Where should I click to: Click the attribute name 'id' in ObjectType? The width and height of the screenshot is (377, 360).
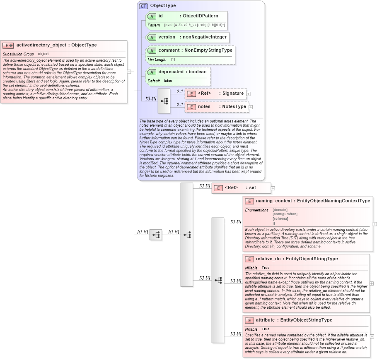click(161, 16)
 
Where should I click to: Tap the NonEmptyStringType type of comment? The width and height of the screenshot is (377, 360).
click(208, 50)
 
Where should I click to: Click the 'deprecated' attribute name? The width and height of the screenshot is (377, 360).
click(171, 72)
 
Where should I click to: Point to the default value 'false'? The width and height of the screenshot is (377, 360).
click(168, 81)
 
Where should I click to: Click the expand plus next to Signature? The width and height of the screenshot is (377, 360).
click(249, 94)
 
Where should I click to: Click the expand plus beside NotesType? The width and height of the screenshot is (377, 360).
click(251, 107)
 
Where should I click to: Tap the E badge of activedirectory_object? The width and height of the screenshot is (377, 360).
click(8, 46)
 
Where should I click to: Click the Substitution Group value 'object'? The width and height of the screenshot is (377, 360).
click(43, 54)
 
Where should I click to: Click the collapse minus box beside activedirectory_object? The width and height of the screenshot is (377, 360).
click(129, 72)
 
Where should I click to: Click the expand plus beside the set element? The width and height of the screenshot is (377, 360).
click(273, 188)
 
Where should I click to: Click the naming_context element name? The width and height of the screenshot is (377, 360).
click(274, 201)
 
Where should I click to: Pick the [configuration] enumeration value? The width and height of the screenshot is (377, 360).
click(285, 214)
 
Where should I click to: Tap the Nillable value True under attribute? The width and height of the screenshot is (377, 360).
click(266, 329)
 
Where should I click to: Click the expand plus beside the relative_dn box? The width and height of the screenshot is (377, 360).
click(372, 283)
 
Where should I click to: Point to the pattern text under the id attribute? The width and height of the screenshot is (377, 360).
click(195, 25)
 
